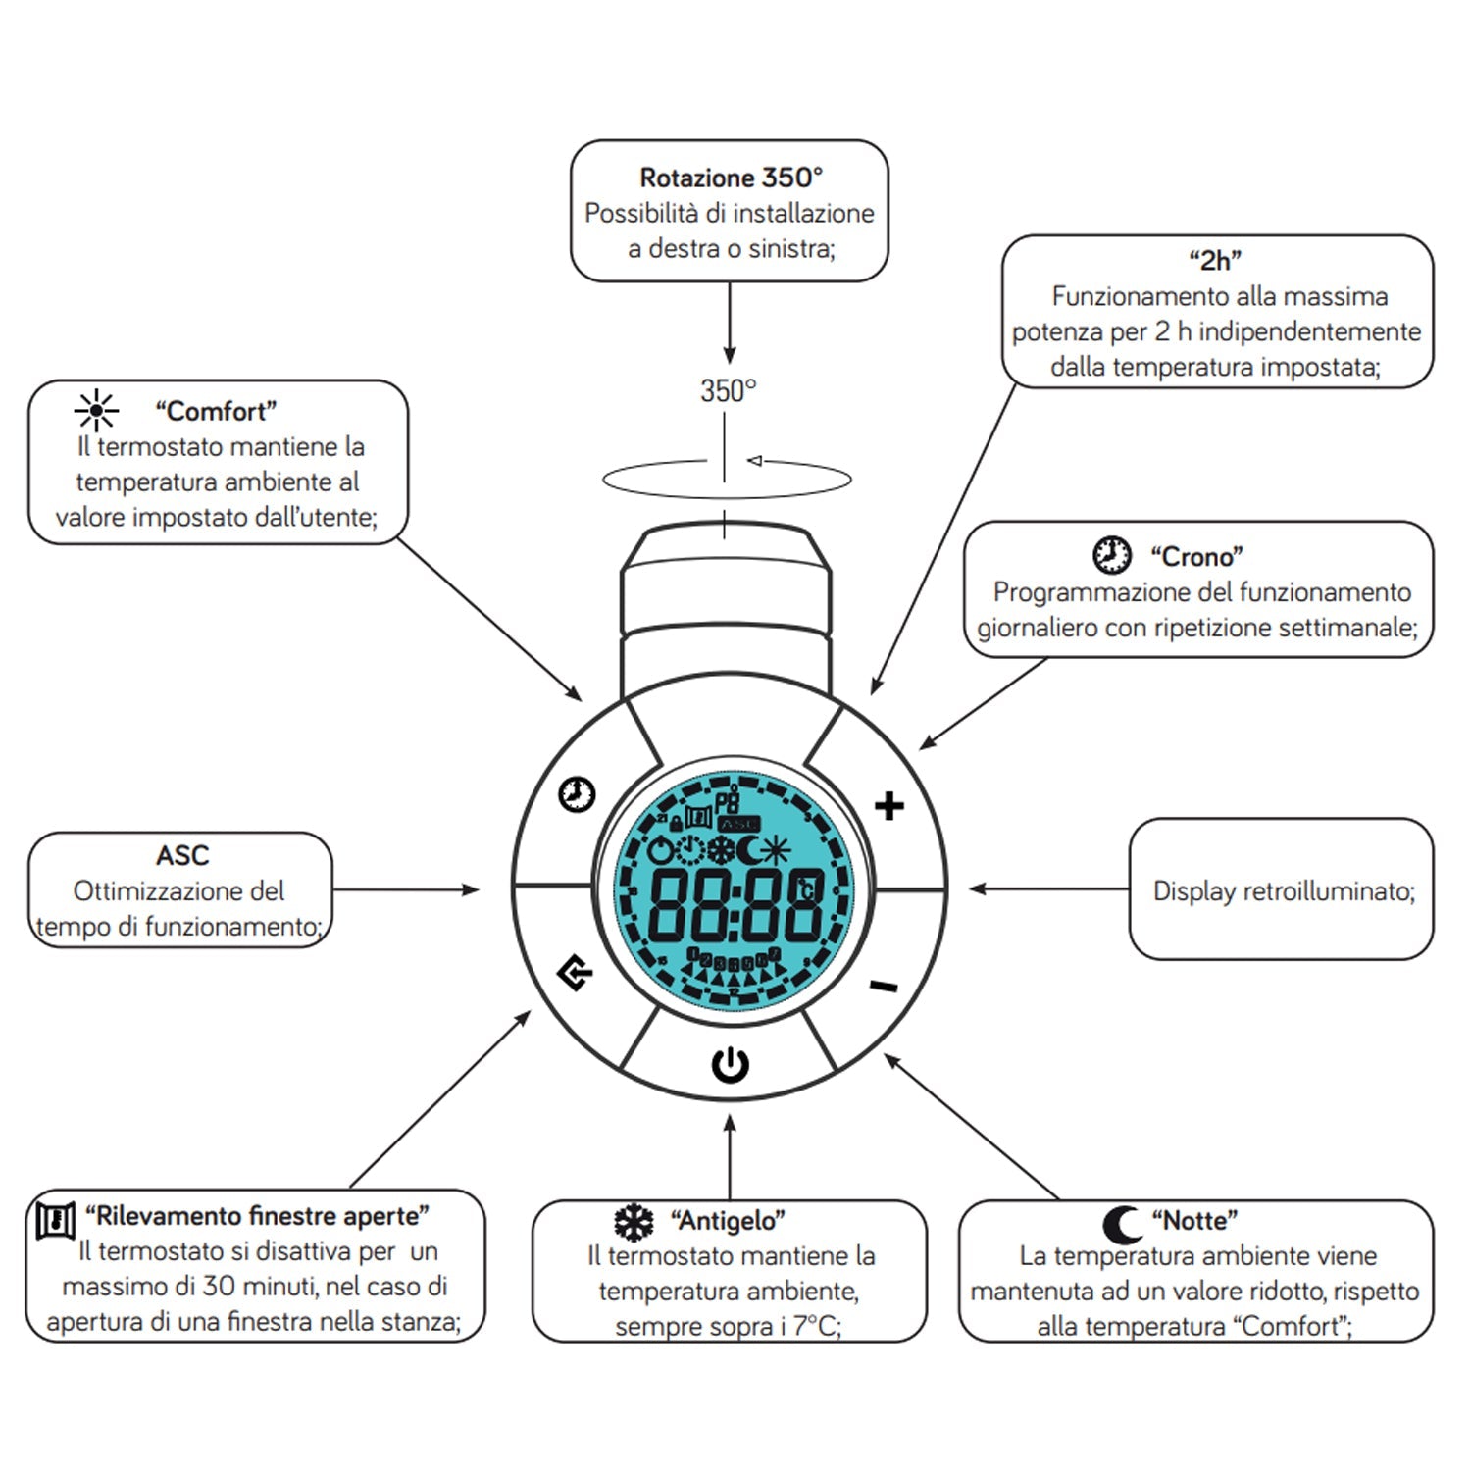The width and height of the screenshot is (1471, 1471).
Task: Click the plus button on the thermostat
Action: pos(888,806)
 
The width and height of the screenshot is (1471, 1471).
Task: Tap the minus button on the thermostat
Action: pos(884,985)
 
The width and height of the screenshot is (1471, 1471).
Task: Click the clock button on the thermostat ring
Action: pos(577,793)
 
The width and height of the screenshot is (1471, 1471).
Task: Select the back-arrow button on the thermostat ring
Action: pos(576,973)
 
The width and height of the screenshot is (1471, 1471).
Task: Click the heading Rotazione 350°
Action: pos(731,178)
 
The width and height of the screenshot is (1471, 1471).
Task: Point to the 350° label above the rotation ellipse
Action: pos(729,391)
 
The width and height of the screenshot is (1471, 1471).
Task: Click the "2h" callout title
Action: pos(1215,260)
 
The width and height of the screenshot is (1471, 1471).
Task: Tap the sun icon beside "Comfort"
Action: pos(96,411)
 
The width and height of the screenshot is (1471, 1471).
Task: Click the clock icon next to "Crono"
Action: pos(1111,555)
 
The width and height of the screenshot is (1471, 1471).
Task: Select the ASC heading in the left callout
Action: pos(182,855)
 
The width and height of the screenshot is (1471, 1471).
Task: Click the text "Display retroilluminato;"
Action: pos(1284,890)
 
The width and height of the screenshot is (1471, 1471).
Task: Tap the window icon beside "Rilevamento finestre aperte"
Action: pos(56,1219)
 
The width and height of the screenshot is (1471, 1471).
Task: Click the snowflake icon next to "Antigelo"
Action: pos(634,1222)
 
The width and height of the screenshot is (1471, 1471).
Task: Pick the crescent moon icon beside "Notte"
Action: pos(1121,1223)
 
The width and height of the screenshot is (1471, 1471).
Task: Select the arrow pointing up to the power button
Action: pos(730,1157)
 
